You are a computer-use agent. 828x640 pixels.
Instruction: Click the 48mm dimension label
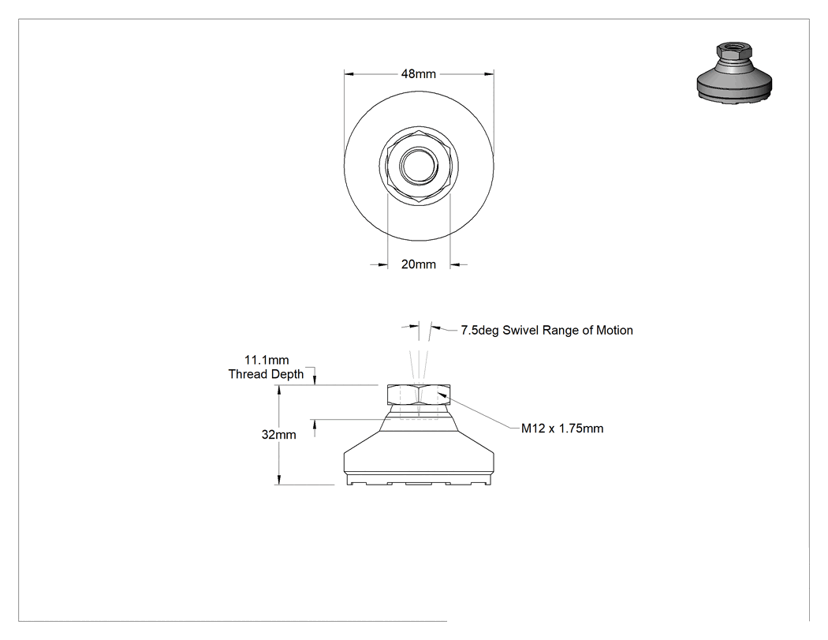click(418, 74)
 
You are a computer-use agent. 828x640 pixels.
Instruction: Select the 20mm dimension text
click(418, 264)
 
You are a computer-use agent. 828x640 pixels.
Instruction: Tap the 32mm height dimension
click(279, 435)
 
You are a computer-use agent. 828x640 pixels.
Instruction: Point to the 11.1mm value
click(267, 360)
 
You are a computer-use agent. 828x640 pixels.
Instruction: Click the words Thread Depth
click(267, 374)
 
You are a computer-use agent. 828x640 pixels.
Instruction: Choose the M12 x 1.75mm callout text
click(562, 429)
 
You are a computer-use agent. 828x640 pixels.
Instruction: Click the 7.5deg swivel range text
click(547, 331)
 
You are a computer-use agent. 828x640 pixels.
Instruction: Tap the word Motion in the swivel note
click(614, 331)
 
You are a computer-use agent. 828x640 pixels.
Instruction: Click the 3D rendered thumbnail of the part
click(734, 72)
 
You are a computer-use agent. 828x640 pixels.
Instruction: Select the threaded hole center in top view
click(419, 166)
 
